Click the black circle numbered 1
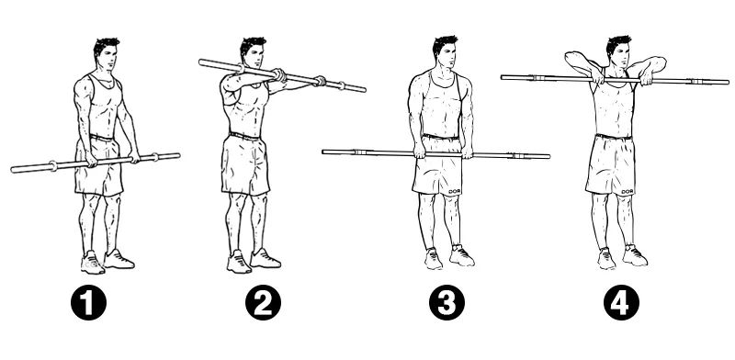click(88, 302)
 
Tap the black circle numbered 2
click(264, 302)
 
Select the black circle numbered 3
click(447, 302)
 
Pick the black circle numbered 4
click(622, 302)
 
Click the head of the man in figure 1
click(106, 53)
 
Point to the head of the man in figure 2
click(253, 52)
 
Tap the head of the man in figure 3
click(445, 51)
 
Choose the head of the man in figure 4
click(618, 51)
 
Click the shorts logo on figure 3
click(455, 191)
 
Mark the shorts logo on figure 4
click(627, 191)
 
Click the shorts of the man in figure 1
click(98, 165)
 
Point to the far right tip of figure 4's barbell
click(729, 83)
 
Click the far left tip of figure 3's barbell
click(323, 152)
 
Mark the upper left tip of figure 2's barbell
click(200, 62)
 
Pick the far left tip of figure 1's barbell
click(13, 169)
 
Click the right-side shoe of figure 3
click(461, 255)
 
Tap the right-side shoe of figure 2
click(266, 258)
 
